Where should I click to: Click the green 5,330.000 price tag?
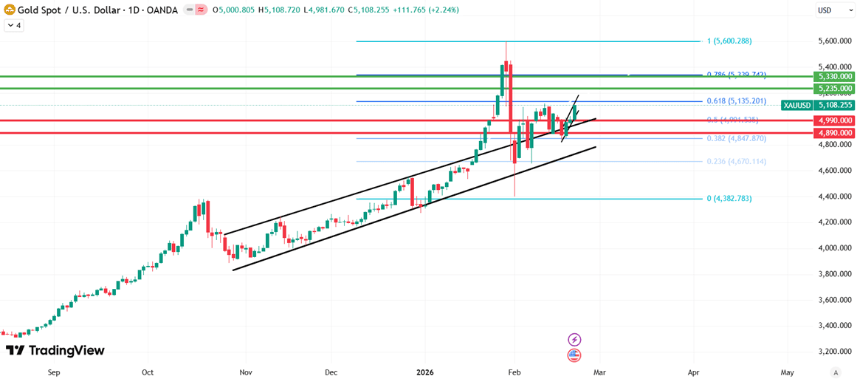tap(833, 76)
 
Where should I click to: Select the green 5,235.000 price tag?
tap(833, 89)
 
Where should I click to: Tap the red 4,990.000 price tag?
tap(833, 120)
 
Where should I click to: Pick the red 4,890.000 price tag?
tap(833, 133)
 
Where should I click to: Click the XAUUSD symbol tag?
tap(796, 106)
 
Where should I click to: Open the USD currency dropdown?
tap(834, 10)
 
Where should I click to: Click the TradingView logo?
tap(55, 350)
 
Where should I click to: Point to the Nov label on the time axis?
tap(246, 373)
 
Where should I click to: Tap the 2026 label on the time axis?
tap(424, 373)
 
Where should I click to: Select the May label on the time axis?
tap(787, 373)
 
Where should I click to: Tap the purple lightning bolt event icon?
tap(574, 340)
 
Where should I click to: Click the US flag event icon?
tap(574, 355)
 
